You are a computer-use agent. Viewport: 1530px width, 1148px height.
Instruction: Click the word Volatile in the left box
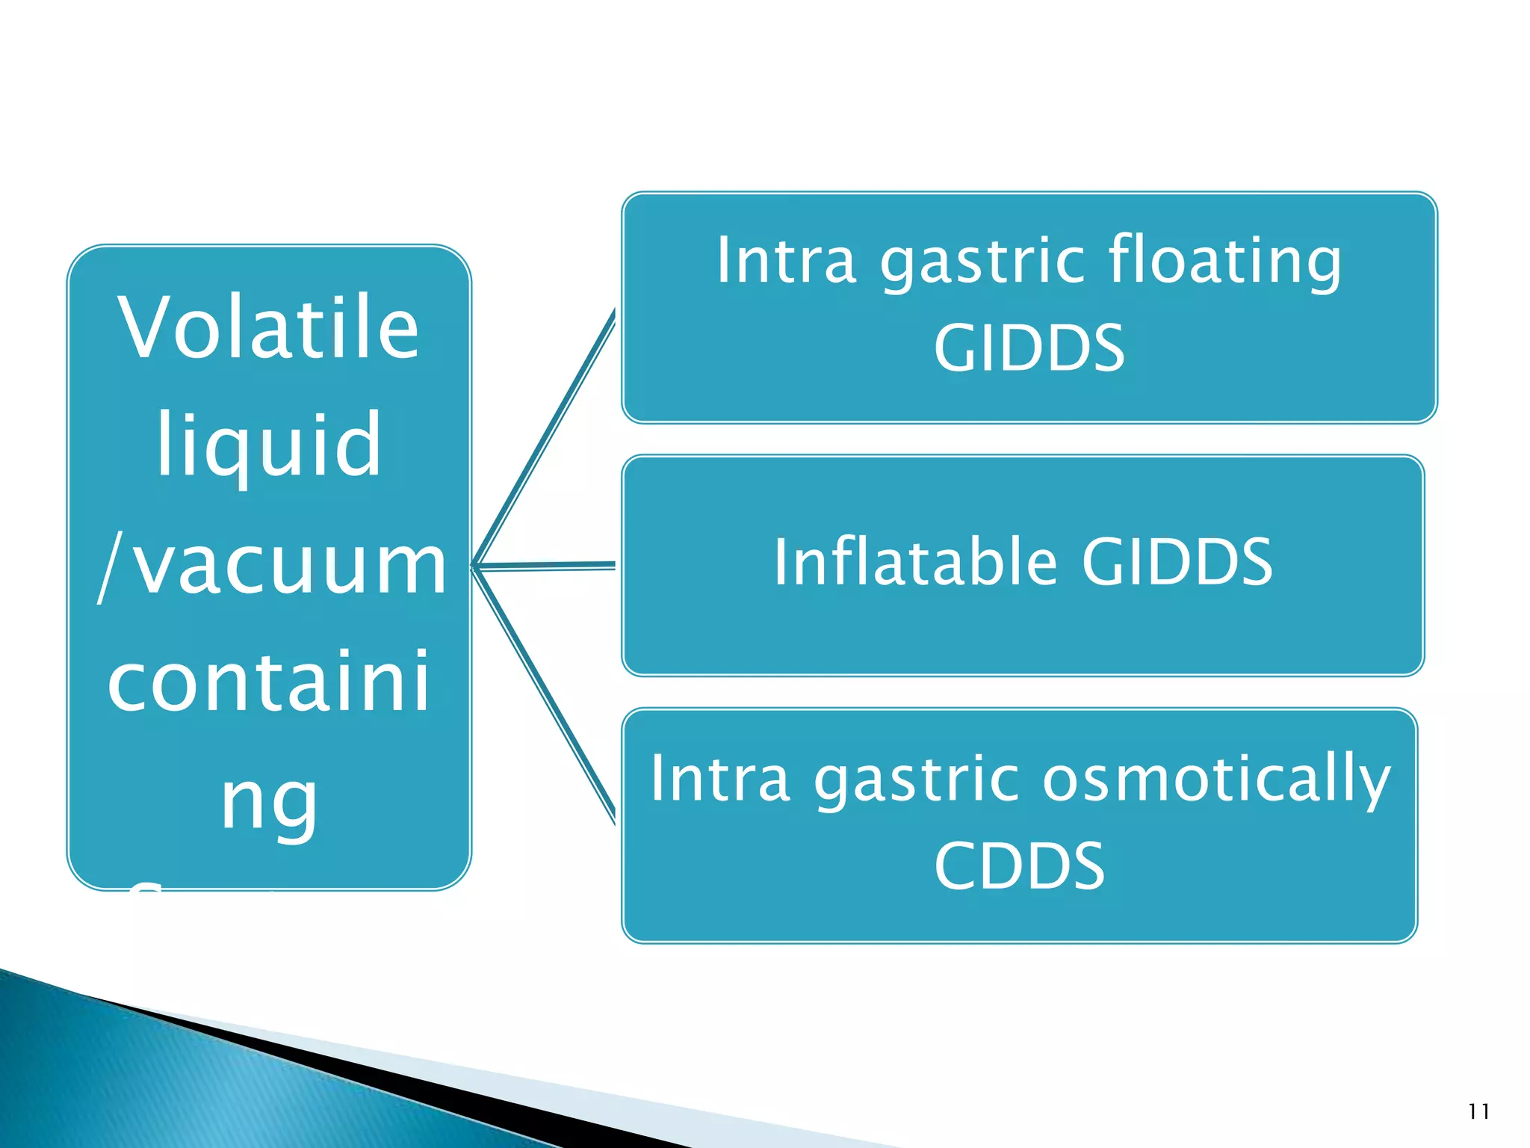(268, 329)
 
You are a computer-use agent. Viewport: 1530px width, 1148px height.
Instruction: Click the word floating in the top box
(1224, 261)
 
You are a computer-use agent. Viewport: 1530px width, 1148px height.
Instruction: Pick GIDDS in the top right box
(1029, 348)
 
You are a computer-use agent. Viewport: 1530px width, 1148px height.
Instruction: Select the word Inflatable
(915, 562)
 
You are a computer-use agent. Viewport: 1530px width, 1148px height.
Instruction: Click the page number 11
(1478, 1112)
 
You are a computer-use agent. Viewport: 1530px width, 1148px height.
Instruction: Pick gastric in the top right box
(982, 261)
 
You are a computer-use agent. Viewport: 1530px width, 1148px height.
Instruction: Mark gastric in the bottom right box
(916, 779)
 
